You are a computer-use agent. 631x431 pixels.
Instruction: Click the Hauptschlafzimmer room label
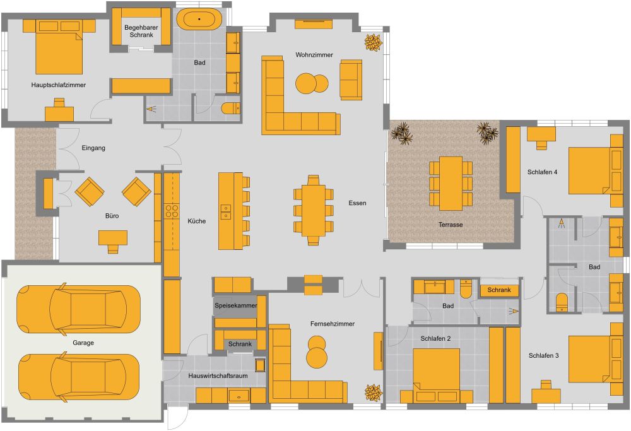click(x=58, y=85)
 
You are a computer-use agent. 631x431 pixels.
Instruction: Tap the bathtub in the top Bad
click(x=199, y=20)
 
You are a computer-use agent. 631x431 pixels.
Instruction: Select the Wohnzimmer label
click(x=314, y=55)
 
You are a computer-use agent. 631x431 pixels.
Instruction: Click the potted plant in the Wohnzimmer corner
click(x=373, y=42)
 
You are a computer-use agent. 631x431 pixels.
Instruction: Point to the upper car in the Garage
click(x=78, y=309)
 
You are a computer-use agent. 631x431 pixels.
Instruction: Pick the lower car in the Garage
click(x=78, y=377)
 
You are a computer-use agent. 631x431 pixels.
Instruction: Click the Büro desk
click(x=113, y=238)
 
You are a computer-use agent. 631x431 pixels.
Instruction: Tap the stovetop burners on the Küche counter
click(x=172, y=210)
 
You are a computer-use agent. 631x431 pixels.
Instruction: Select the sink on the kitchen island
click(x=225, y=212)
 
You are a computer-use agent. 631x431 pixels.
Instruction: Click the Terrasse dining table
click(x=451, y=183)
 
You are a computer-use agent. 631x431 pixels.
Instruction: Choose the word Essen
click(x=357, y=203)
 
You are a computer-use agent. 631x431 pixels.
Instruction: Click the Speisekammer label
click(x=235, y=305)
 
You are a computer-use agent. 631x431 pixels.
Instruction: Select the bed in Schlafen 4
click(x=589, y=170)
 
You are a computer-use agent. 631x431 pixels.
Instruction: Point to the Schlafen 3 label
click(x=543, y=356)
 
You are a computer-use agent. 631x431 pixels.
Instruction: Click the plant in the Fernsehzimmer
click(x=373, y=392)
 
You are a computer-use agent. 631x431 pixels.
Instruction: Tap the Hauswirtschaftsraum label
click(x=218, y=375)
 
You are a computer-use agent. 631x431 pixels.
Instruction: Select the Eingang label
click(x=93, y=148)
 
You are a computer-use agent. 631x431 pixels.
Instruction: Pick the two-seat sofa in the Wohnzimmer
click(x=350, y=80)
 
